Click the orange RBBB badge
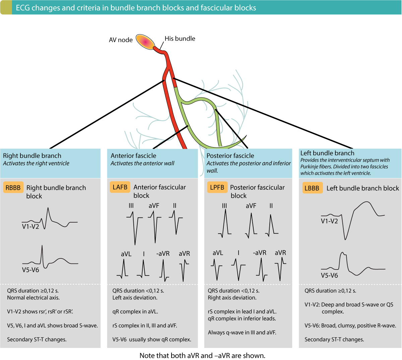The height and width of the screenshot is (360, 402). tap(13, 187)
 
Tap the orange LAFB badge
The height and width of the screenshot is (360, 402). tap(120, 187)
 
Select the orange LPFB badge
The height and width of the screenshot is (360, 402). tap(217, 187)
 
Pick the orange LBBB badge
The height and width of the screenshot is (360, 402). tap(312, 188)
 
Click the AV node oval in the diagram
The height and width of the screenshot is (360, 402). tap(145, 42)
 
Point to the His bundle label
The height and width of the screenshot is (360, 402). tap(180, 39)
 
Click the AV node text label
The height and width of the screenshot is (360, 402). tap(121, 40)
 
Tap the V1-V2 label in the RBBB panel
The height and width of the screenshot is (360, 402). tap(30, 226)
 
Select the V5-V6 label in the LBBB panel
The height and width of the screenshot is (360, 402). tap(329, 275)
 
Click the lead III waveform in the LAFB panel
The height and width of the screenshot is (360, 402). tap(135, 228)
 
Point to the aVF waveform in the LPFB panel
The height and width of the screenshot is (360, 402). tap(251, 225)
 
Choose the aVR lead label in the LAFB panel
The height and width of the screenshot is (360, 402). tap(184, 253)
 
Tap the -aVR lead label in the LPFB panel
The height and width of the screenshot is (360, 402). tap(260, 253)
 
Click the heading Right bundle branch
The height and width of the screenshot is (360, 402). tap(32, 156)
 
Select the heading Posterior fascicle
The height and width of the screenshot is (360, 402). tap(230, 156)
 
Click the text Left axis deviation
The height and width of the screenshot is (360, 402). tap(135, 297)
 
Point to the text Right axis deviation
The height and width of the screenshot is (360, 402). tap(232, 297)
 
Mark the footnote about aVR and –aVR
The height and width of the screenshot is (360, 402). tap(202, 355)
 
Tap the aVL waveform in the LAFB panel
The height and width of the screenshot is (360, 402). tap(123, 269)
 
